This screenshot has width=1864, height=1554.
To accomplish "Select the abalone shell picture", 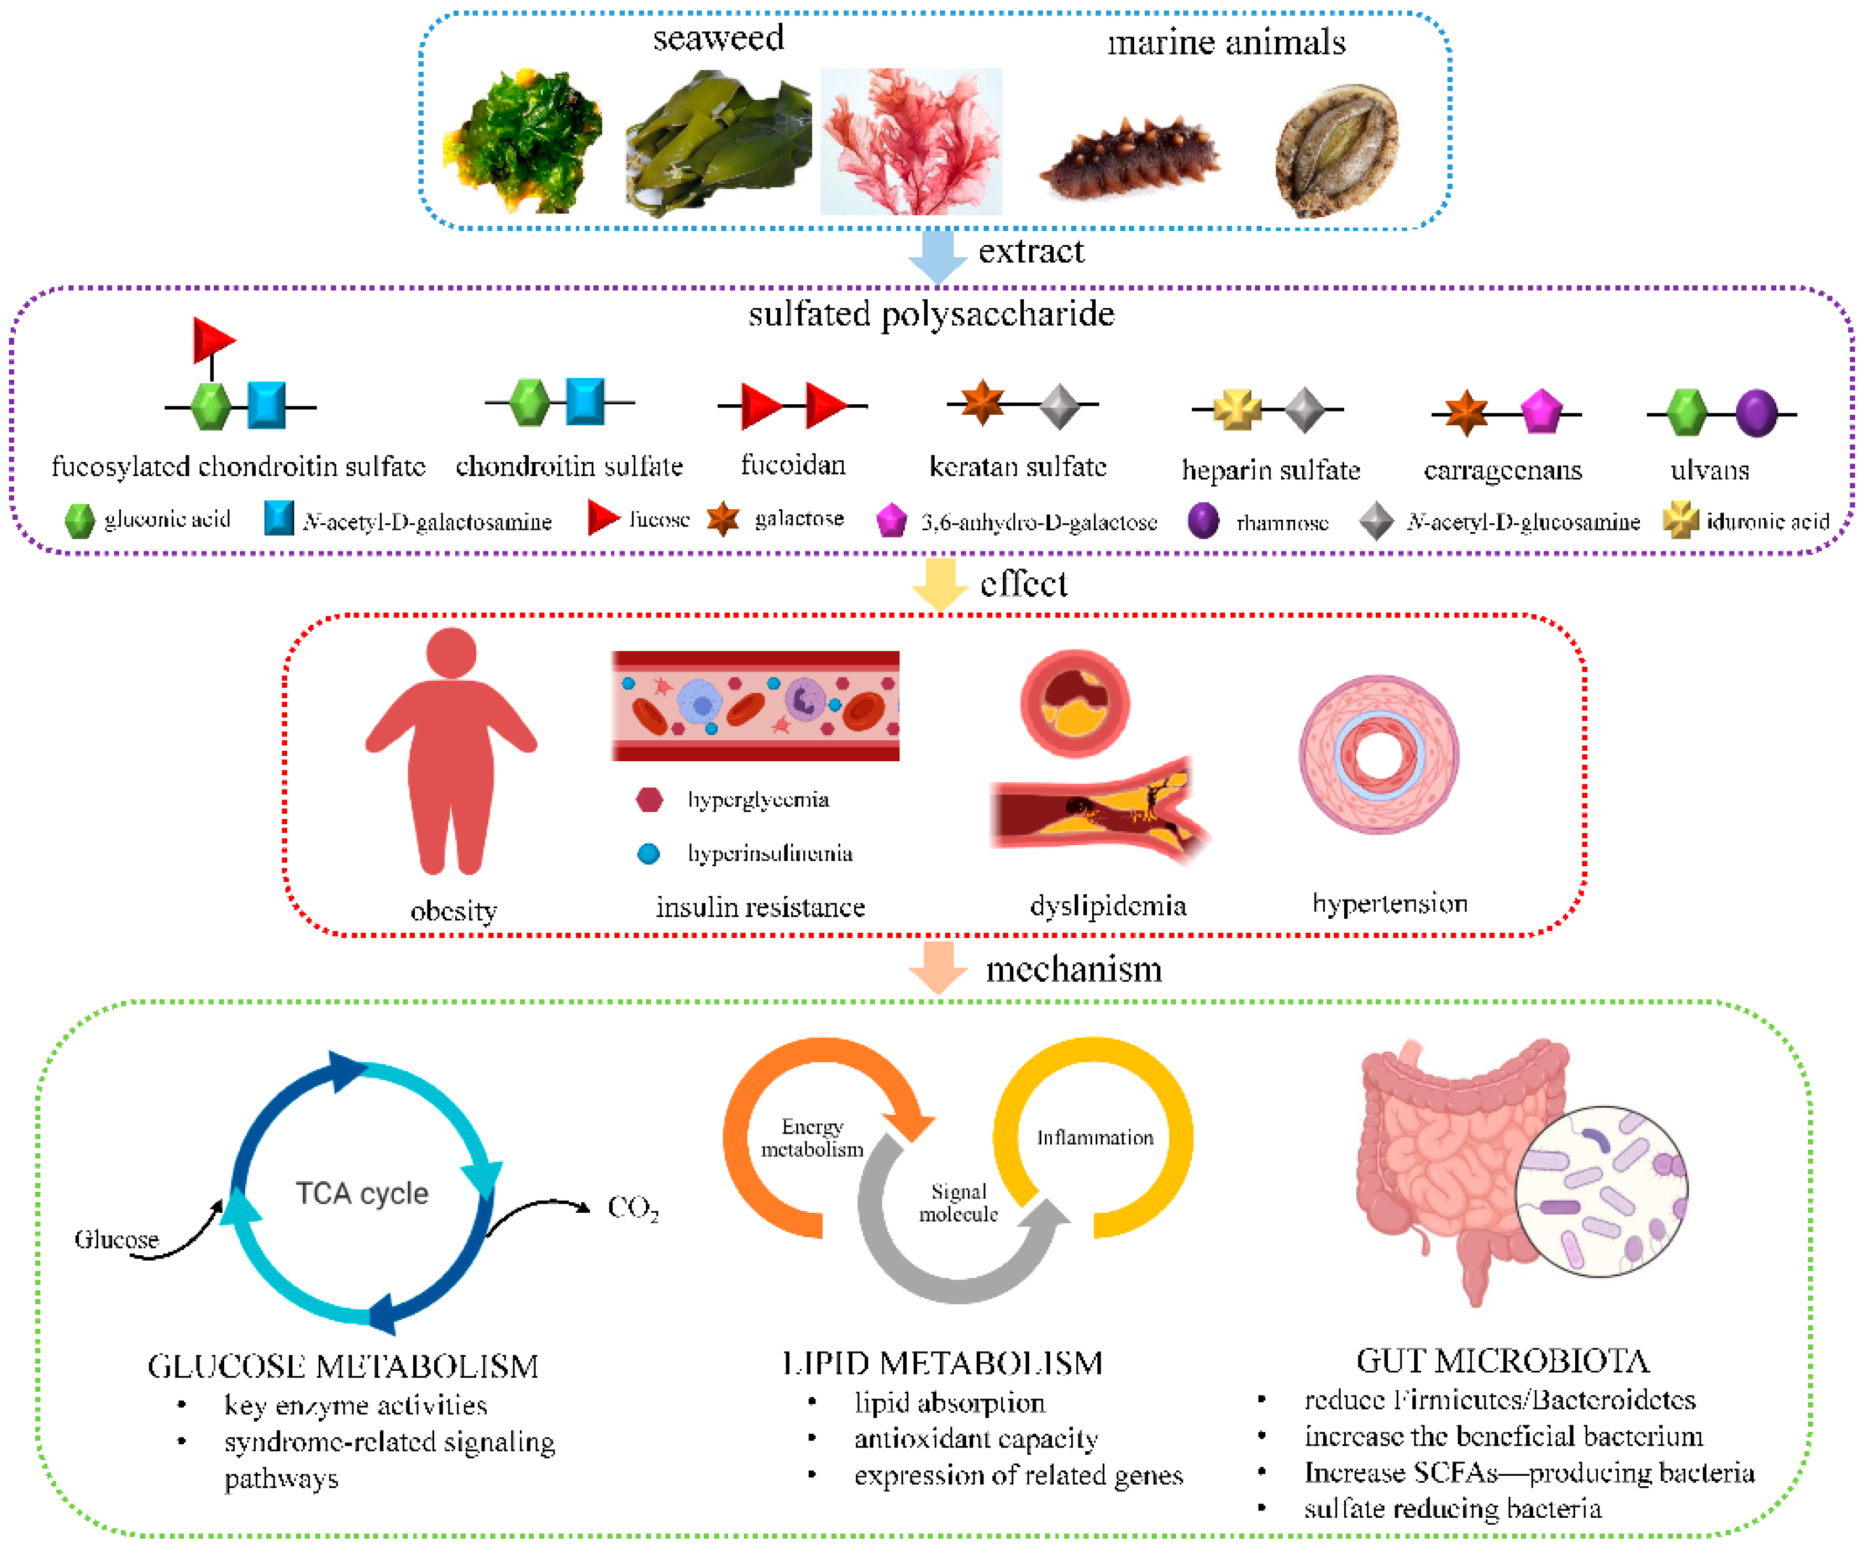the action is [1337, 150].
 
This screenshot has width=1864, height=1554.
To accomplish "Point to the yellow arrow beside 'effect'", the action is [940, 584].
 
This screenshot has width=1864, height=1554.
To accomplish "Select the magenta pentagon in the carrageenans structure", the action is [1542, 412].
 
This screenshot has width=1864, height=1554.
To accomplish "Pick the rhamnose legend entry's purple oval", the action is [1203, 520].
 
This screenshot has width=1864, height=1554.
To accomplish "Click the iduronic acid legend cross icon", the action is [1680, 520].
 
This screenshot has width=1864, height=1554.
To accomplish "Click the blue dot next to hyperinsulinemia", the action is [649, 853].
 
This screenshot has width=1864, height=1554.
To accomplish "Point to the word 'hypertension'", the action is [1389, 904].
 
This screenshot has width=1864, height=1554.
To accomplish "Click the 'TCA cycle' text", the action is [362, 1193].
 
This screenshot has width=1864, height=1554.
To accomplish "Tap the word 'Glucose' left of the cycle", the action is [116, 1239].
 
